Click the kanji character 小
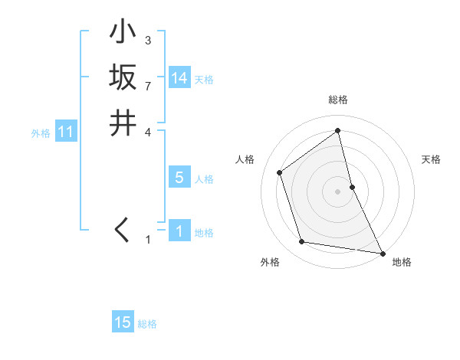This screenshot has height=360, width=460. click(123, 33)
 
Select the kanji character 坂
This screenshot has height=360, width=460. click(123, 77)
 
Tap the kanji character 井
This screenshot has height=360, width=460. click(123, 123)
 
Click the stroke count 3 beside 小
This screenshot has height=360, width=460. click(147, 41)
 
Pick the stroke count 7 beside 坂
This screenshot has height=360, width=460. click(147, 86)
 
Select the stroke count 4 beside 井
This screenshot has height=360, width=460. click(147, 131)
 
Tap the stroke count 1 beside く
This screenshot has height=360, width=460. click(148, 240)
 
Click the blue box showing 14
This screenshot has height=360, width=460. click(179, 78)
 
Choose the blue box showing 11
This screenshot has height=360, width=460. click(65, 133)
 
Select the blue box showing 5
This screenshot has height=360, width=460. click(179, 178)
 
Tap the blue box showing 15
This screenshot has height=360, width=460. click(123, 322)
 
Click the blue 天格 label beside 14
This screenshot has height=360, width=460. click(204, 80)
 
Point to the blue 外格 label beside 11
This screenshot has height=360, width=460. click(41, 133)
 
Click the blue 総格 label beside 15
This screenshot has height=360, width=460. click(147, 324)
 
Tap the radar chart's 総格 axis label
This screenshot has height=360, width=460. click(337, 100)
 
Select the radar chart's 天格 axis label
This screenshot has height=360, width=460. click(432, 159)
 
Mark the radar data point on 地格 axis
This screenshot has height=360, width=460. click(383, 253)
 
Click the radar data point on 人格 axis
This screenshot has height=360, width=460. click(280, 172)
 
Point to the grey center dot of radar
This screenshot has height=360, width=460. click(337, 191)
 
